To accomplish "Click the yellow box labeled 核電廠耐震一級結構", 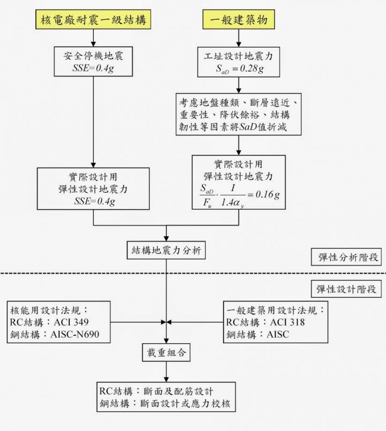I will coord(93,21).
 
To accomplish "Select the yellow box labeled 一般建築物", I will coord(239,21).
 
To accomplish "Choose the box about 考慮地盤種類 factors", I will coord(239,115).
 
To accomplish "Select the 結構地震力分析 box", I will coord(166,250).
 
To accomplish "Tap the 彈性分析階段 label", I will coord(346,257).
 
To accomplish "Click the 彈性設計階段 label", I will coord(346,290).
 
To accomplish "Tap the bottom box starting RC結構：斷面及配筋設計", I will coord(166,397).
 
